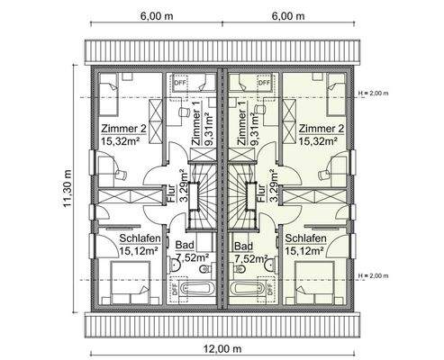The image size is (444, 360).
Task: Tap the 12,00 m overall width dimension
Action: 222,348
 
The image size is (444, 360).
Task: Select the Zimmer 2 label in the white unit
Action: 123,128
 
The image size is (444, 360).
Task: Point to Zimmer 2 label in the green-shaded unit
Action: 321,128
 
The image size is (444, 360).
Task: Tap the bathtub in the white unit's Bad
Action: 196,290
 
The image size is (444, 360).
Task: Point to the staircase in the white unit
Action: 204,194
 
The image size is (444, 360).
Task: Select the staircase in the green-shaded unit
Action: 240,194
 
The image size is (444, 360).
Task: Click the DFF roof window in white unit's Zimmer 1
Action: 178,82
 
